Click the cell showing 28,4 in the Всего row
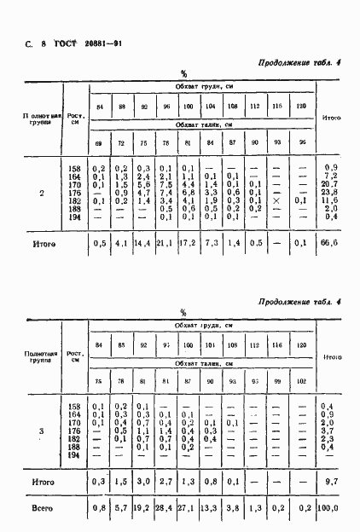click(x=165, y=510)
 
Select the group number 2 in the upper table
click(x=42, y=192)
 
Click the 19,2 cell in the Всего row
click(x=142, y=510)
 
